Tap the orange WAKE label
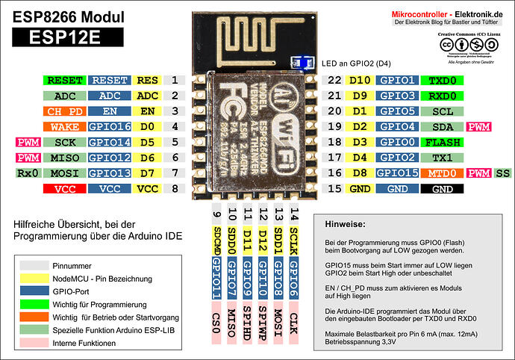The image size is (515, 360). pyautogui.click(x=65, y=127)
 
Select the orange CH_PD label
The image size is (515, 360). pyautogui.click(x=65, y=111)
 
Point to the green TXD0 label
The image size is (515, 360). pyautogui.click(x=443, y=80)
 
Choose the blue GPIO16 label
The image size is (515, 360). pyautogui.click(x=110, y=127)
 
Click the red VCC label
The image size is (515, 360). pyautogui.click(x=65, y=189)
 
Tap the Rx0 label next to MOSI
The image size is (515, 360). pyautogui.click(x=26, y=173)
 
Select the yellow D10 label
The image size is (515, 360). pyautogui.click(x=360, y=80)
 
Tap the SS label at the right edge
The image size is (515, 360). pyautogui.click(x=502, y=173)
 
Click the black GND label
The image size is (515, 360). pyautogui.click(x=443, y=189)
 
